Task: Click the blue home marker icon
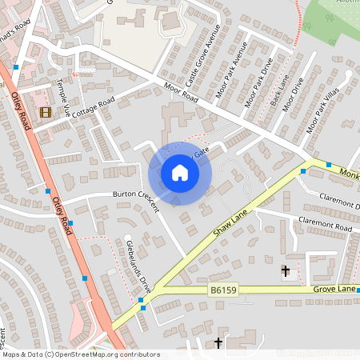[x=180, y=173]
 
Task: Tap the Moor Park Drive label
[x=258, y=82]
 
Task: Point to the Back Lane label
[x=279, y=91]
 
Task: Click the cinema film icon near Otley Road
[x=45, y=113]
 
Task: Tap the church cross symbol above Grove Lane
[x=286, y=271]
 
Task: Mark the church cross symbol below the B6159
[x=219, y=343]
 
